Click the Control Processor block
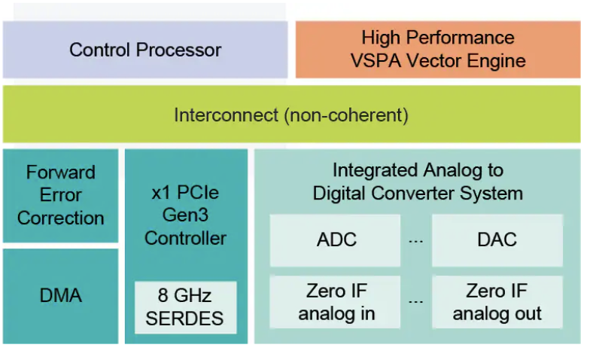pyautogui.click(x=145, y=50)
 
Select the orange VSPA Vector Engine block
pyautogui.click(x=437, y=50)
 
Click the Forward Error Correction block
pyautogui.click(x=61, y=195)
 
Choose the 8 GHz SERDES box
pyautogui.click(x=186, y=307)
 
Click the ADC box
pyautogui.click(x=336, y=240)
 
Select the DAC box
pyautogui.click(x=497, y=240)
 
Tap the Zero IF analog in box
pyautogui.click(x=336, y=302)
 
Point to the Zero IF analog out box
pyautogui.click(x=497, y=302)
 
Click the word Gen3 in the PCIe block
pyautogui.click(x=185, y=215)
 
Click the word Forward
pyautogui.click(x=61, y=172)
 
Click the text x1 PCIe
pyautogui.click(x=185, y=192)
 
